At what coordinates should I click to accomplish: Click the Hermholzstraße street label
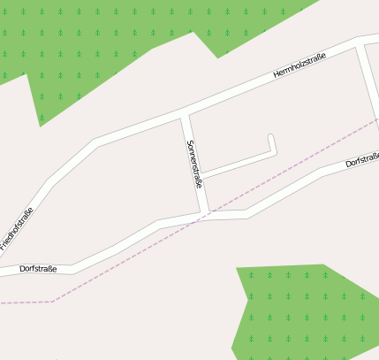[x=299, y=66]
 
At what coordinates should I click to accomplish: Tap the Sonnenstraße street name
[x=194, y=164]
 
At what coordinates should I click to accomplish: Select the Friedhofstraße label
[x=18, y=226]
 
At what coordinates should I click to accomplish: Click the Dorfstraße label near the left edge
[x=38, y=267]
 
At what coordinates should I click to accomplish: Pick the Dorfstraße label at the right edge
[x=362, y=159]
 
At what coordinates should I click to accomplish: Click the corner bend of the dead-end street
[x=274, y=151]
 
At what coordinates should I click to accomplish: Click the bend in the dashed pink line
[x=53, y=301]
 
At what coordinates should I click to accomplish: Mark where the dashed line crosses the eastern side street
[x=371, y=118]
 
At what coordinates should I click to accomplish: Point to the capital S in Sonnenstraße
[x=188, y=143]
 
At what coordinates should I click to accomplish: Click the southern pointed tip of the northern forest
[x=41, y=125]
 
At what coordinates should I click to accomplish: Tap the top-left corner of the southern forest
[x=237, y=266]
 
